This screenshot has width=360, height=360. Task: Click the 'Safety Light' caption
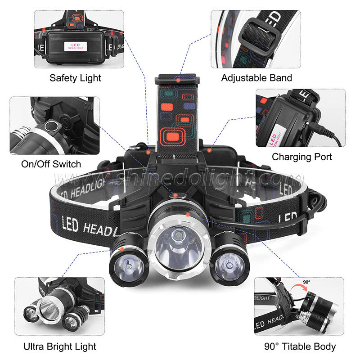coord(75,78)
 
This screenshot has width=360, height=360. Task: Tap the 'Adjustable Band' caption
coord(256,78)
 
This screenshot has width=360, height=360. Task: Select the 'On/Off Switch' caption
coord(51,163)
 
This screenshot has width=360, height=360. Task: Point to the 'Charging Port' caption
coord(302,157)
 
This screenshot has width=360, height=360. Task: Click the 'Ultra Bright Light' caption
coord(60,346)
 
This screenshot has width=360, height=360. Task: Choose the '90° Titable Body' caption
coord(300,346)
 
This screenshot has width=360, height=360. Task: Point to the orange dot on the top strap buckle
coord(179,81)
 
